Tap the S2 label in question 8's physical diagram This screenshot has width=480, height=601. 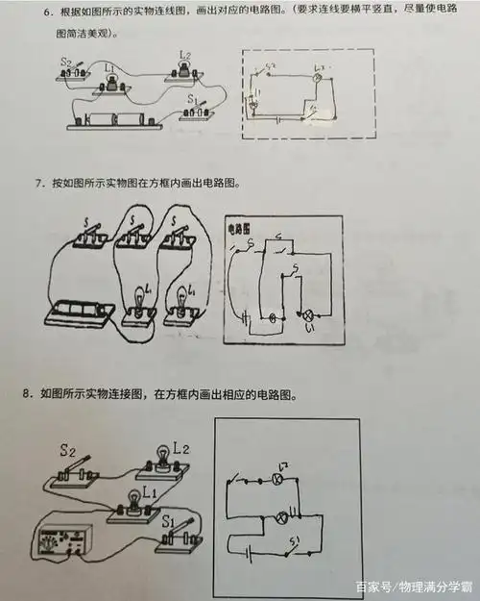[x=67, y=449]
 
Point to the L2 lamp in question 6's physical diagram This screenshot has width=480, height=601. [x=183, y=70]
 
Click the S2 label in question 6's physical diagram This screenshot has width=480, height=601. [x=66, y=62]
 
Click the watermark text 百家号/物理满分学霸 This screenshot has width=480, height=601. [x=414, y=587]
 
